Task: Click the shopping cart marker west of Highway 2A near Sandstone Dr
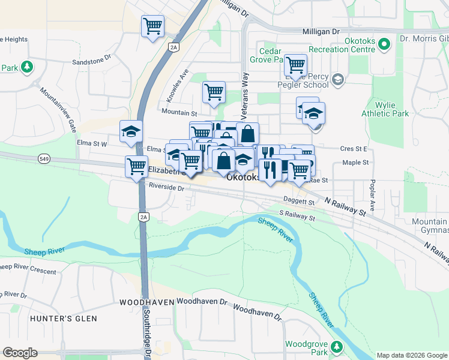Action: (152, 26)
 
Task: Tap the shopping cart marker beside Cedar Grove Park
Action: (295, 64)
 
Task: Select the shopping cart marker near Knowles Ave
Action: (214, 92)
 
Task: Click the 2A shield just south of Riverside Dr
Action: (143, 217)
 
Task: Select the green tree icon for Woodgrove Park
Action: (337, 346)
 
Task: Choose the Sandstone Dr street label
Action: (92, 61)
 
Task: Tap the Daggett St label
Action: (298, 203)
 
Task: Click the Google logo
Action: (20, 353)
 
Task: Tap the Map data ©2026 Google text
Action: (412, 355)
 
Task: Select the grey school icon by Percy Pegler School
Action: (338, 79)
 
